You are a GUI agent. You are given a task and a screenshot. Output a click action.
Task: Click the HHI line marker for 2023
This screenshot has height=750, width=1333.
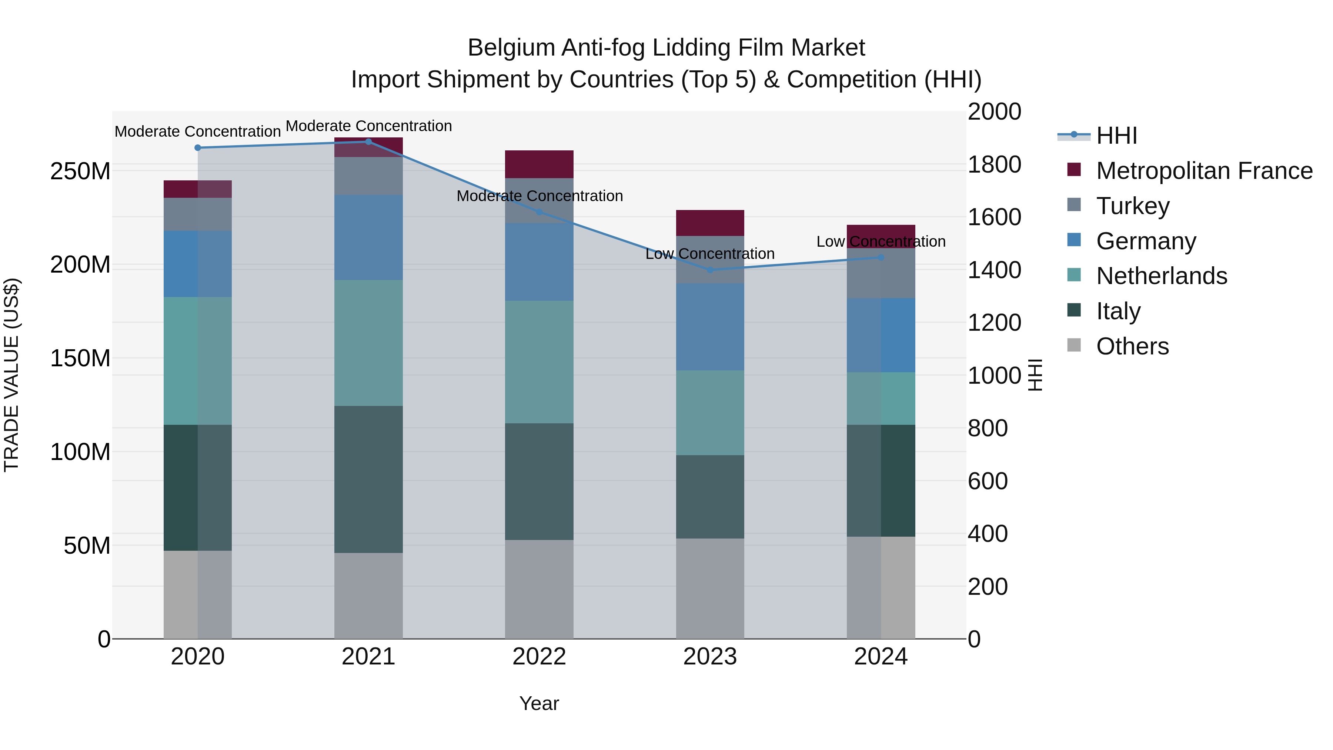(710, 270)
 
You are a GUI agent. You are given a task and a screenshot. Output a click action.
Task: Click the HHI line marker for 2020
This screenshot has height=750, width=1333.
(198, 147)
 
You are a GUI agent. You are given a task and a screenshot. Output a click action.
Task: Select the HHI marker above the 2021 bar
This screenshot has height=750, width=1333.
(368, 141)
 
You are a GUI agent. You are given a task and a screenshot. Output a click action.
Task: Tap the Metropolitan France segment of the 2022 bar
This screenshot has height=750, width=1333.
(539, 164)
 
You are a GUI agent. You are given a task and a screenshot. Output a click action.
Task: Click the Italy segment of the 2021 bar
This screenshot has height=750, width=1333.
(368, 479)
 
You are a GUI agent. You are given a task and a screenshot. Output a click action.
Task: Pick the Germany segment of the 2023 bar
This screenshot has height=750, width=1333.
(710, 327)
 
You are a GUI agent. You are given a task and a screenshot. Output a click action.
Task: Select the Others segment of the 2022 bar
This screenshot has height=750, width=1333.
(539, 589)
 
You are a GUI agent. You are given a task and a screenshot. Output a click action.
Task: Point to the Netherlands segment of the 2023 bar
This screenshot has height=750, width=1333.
(710, 413)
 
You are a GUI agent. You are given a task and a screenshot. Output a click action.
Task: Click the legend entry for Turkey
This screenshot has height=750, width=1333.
(1132, 206)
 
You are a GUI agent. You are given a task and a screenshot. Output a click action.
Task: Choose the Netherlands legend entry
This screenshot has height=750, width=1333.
(1161, 276)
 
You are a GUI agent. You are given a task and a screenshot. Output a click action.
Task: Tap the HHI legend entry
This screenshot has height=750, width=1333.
(1116, 136)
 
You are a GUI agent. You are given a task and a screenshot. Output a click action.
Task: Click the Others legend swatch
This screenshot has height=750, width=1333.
(1074, 345)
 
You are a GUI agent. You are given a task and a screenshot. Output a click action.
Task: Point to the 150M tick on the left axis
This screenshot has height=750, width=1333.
(80, 358)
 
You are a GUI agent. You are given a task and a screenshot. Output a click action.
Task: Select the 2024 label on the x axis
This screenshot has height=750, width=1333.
(881, 657)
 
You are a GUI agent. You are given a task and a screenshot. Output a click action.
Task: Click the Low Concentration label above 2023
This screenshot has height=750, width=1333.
(710, 254)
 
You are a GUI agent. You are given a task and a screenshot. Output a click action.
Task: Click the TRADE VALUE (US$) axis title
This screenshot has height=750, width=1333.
(11, 375)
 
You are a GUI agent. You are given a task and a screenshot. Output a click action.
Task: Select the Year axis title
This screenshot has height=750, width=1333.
(539, 703)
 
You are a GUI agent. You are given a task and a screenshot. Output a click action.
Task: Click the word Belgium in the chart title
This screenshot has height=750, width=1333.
(511, 48)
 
